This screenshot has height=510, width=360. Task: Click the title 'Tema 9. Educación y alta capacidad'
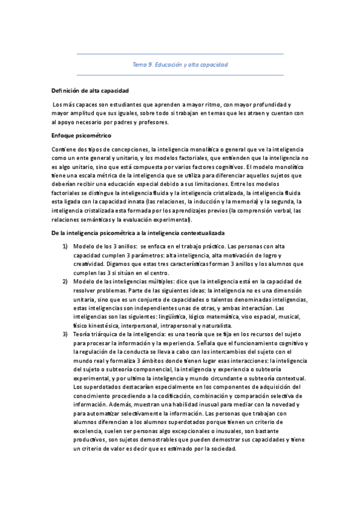click(x=180, y=64)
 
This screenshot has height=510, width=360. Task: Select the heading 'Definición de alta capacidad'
click(x=90, y=91)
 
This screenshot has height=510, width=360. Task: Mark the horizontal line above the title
click(x=180, y=54)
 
